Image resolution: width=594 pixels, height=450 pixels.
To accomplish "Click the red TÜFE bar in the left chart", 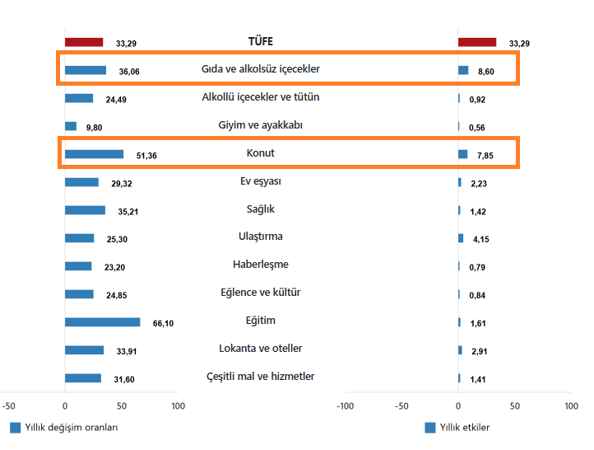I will pyautogui.click(x=84, y=42).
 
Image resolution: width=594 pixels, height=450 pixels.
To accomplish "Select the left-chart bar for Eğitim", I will pyautogui.click(x=102, y=322).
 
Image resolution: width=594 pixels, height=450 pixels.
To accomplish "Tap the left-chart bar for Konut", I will pyautogui.click(x=94, y=154).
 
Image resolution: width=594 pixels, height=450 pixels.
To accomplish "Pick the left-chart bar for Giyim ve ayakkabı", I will pyautogui.click(x=71, y=126).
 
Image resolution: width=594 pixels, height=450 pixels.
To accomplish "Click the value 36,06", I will pyautogui.click(x=129, y=72).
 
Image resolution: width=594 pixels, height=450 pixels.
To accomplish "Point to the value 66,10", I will pyautogui.click(x=163, y=323).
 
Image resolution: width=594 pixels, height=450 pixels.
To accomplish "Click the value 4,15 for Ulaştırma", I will pyautogui.click(x=480, y=239).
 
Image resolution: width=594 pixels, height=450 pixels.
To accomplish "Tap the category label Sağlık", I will pyautogui.click(x=260, y=209).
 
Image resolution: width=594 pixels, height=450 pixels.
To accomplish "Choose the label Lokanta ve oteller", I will pyautogui.click(x=260, y=349).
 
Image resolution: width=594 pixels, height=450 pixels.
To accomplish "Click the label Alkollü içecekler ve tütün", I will pyautogui.click(x=260, y=97).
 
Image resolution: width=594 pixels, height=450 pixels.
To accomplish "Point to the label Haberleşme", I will pyautogui.click(x=260, y=265).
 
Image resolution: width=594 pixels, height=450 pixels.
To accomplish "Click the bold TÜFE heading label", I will pyautogui.click(x=260, y=41).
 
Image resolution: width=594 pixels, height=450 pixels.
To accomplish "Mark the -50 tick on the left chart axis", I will pyautogui.click(x=8, y=406).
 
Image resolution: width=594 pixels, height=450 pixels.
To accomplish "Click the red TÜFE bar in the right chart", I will pyautogui.click(x=477, y=42).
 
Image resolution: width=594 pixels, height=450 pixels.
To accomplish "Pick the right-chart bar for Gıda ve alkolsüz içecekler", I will pyautogui.click(x=463, y=71).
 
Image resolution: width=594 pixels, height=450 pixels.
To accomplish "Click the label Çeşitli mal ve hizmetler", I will pyautogui.click(x=260, y=377).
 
